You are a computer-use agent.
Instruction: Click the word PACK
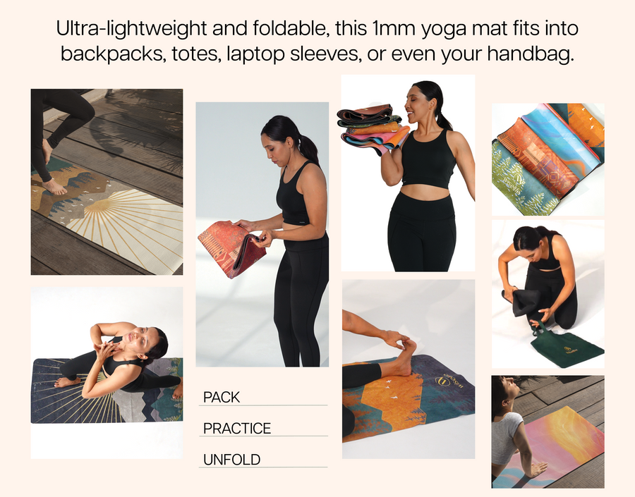(x=222, y=397)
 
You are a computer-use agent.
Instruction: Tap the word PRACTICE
(x=237, y=428)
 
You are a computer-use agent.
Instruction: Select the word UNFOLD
(x=231, y=460)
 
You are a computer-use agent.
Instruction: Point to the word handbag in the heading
(x=531, y=54)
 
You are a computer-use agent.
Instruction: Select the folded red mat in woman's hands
(x=231, y=248)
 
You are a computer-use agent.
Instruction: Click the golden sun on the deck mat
(x=97, y=206)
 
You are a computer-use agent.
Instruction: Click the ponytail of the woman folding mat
(x=308, y=149)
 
